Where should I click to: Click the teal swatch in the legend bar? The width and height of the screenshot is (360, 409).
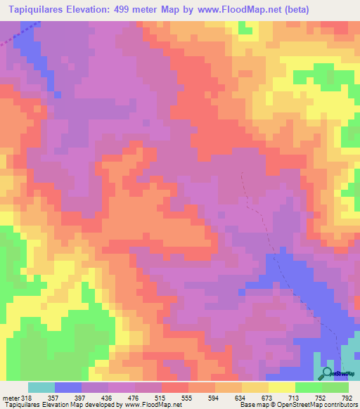coord(41,387)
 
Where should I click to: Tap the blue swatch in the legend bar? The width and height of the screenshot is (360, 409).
coord(68,387)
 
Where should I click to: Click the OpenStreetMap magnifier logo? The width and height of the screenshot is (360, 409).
coord(327,373)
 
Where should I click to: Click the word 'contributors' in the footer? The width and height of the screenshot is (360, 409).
coord(339,404)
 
